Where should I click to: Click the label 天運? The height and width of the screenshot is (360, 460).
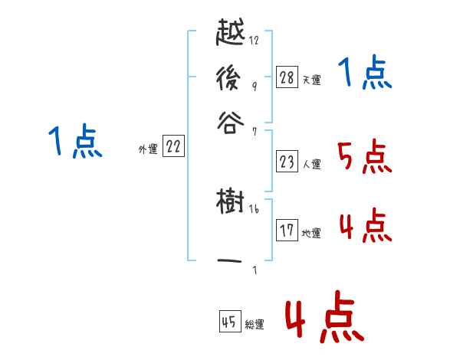pos(310,80)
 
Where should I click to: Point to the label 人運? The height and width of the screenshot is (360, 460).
pos(310,164)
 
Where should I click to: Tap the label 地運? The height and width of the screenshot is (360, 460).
pos(310,233)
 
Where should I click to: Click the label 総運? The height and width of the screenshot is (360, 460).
pos(254,324)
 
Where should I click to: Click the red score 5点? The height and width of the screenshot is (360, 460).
pos(364,157)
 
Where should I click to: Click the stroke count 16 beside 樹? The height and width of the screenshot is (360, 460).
pos(254,209)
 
